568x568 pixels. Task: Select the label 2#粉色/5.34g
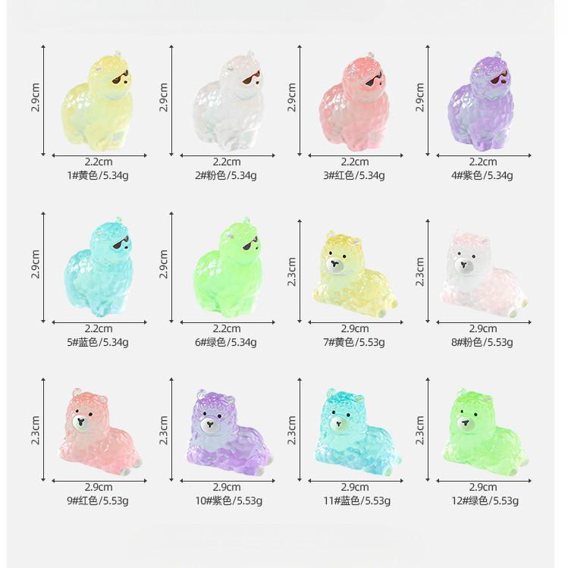coord(226,175)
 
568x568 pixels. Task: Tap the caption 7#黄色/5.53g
coord(354,342)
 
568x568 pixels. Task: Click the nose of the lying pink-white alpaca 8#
coord(464,267)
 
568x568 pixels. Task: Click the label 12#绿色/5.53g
coord(482,500)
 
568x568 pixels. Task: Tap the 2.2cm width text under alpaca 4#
coord(482,162)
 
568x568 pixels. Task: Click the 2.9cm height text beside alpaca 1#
coord(36,97)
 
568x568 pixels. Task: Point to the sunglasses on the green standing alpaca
coord(249,243)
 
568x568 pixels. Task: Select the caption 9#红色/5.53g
coord(98,500)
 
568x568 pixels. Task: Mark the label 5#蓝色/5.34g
coord(98,342)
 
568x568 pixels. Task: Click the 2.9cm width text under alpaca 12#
coord(482,486)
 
